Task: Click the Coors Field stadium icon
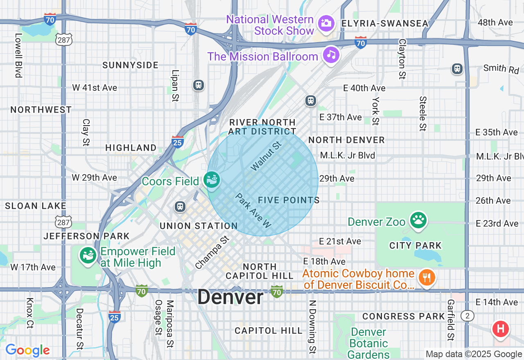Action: click(212, 180)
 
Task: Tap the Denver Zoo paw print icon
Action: click(418, 220)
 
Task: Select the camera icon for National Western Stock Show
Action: click(326, 23)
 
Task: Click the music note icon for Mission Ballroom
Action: click(331, 55)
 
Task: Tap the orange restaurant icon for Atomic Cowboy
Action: click(427, 278)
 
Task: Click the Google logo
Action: click(27, 350)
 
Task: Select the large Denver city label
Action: click(230, 297)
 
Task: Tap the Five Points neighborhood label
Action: click(289, 200)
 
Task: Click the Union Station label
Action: click(199, 226)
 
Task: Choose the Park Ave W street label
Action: click(254, 211)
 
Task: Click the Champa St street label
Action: click(212, 252)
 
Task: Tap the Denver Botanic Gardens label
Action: click(369, 343)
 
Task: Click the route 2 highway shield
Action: click(467, 315)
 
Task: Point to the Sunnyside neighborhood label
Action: click(130, 65)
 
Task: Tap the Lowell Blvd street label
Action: click(18, 56)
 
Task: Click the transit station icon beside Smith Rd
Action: click(457, 69)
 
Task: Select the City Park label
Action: click(416, 245)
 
